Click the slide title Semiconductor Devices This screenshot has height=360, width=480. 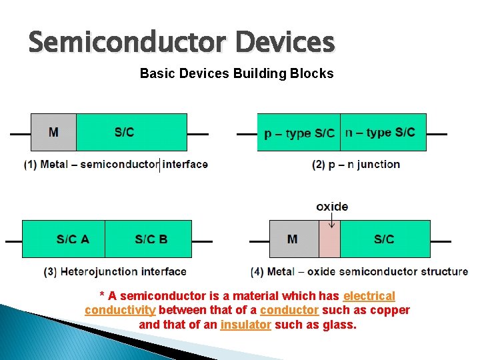[x=181, y=43]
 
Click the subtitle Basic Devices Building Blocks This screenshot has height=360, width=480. [x=237, y=73]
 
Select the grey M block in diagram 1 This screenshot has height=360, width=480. [x=53, y=132]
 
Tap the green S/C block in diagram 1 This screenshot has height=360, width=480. [x=131, y=132]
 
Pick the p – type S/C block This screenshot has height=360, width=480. [x=299, y=133]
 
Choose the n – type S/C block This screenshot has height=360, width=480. [x=383, y=133]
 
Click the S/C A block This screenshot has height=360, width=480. [x=64, y=239]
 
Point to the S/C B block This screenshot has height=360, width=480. [x=149, y=239]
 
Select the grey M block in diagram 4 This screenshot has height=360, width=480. [x=294, y=239]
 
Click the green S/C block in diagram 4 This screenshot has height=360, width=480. [x=385, y=239]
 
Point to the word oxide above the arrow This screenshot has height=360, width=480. [x=331, y=207]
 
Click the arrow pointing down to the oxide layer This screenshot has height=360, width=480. [x=331, y=222]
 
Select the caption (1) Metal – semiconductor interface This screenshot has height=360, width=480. [x=116, y=164]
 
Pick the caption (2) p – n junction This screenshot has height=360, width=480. [x=356, y=165]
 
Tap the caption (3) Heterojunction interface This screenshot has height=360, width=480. [x=115, y=271]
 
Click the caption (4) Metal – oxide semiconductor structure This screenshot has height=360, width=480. [x=359, y=271]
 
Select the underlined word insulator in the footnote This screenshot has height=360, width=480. [x=245, y=325]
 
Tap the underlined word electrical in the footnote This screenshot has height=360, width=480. [x=369, y=295]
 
